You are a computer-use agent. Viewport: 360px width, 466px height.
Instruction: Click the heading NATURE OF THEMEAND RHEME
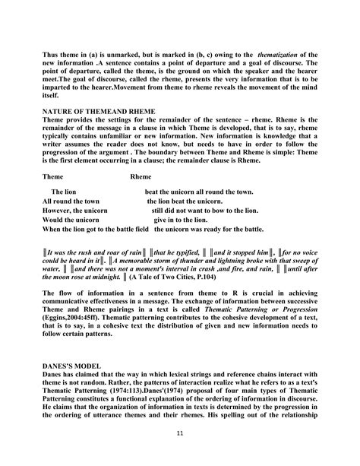[99, 111]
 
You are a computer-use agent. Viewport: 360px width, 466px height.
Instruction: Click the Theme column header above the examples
[53, 176]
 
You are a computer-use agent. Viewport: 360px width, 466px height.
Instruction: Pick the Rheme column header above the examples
[141, 176]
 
